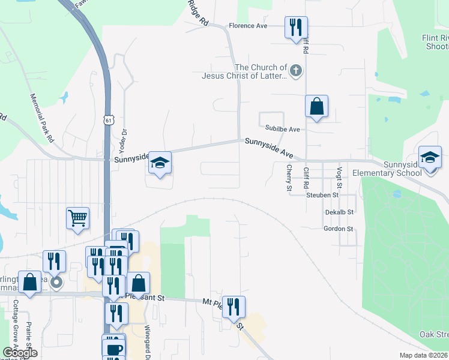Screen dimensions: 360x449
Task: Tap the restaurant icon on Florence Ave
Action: click(296, 28)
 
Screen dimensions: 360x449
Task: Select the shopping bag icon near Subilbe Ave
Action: click(316, 107)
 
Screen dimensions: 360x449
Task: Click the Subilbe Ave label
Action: click(282, 128)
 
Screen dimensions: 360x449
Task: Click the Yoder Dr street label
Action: click(125, 139)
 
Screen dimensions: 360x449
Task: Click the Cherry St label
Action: click(289, 179)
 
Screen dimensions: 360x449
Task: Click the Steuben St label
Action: click(322, 195)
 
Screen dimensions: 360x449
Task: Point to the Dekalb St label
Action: click(339, 212)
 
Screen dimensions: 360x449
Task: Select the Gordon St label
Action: click(338, 229)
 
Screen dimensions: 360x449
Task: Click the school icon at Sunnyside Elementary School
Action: click(430, 158)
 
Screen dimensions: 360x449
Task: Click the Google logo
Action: click(20, 353)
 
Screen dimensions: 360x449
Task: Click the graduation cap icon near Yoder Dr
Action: click(160, 163)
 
